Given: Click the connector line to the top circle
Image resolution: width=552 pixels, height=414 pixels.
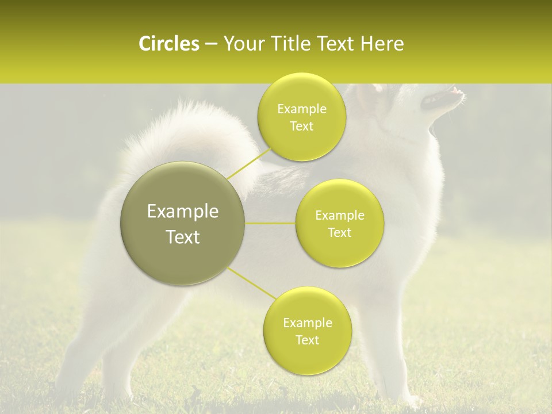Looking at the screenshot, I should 248,163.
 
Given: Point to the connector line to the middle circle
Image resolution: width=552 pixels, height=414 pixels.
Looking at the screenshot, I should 270,223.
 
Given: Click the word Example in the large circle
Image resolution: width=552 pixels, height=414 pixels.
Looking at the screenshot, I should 183,212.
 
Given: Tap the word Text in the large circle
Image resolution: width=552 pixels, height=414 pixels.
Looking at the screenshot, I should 183,237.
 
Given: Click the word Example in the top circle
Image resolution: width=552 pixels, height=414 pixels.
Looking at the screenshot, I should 302,109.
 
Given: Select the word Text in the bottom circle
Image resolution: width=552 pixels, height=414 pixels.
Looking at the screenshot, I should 307,340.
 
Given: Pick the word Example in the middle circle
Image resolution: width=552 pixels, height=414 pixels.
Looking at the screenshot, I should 340,216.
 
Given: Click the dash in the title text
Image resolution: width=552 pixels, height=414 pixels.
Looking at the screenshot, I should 211,44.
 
